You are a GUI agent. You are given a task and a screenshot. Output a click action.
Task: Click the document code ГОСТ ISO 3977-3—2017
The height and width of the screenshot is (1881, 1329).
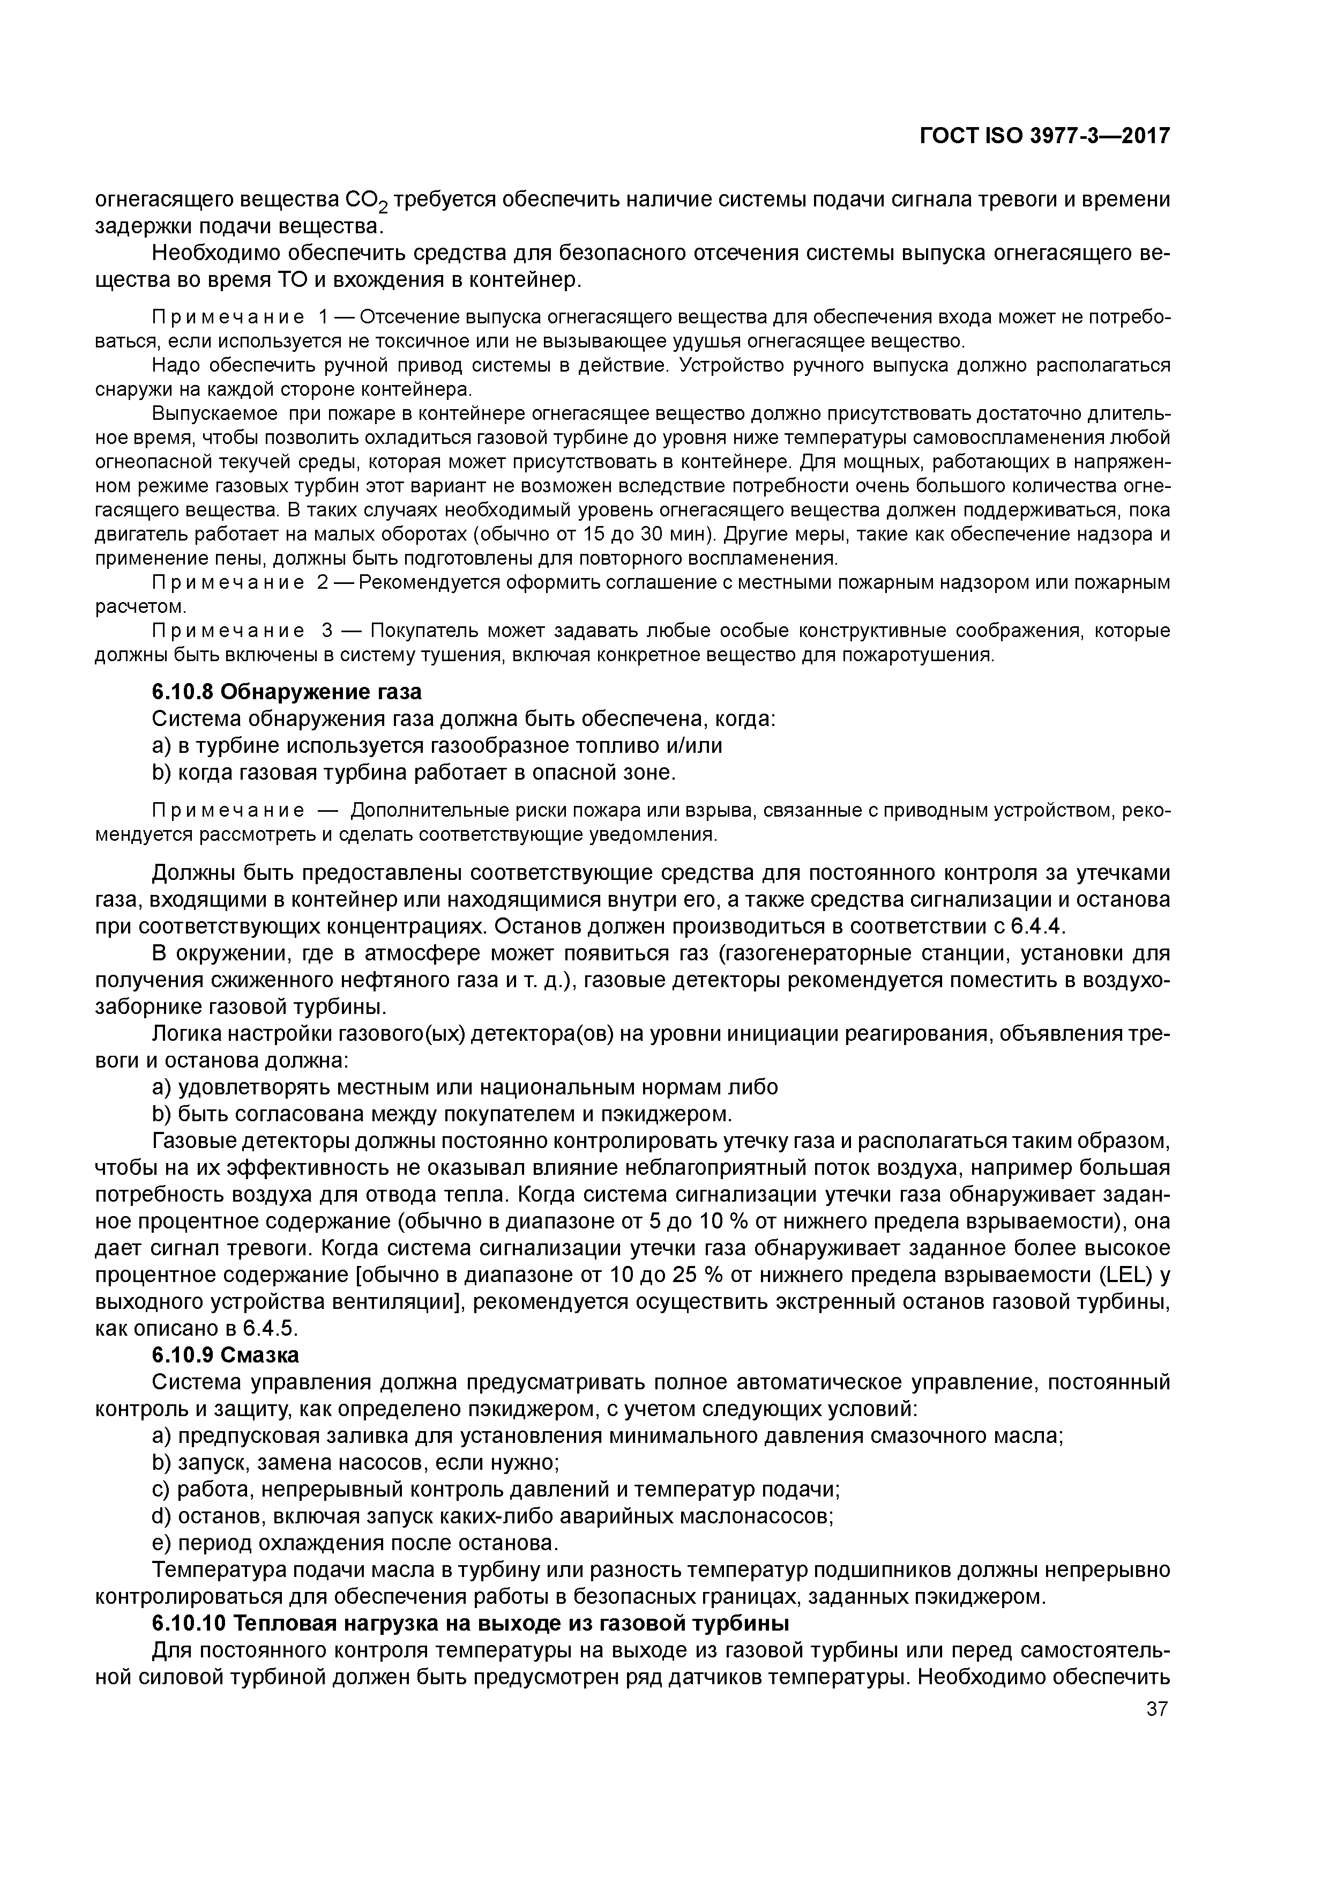point(1044,137)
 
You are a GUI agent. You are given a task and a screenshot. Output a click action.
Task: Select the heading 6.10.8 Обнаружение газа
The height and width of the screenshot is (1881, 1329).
point(287,692)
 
